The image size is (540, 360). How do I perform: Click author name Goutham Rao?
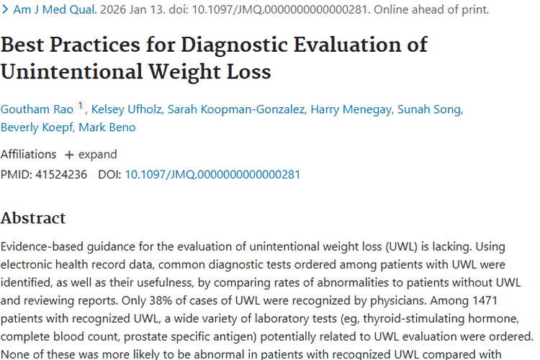tap(37, 109)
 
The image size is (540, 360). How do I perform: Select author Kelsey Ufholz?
tap(127, 109)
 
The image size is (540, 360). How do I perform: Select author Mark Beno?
tap(107, 127)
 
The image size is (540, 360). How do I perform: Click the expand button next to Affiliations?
tap(91, 154)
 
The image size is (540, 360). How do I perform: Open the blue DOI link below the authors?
tap(212, 174)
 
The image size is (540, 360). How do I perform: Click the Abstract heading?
tap(33, 217)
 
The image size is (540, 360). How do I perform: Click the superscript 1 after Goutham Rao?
tap(81, 106)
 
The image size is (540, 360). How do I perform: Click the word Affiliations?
tap(28, 154)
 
